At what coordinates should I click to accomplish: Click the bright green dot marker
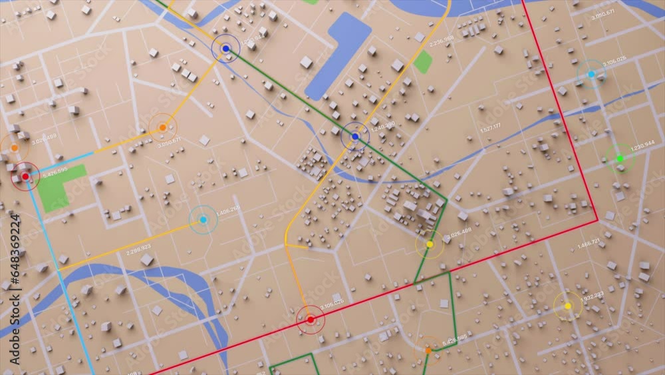[620, 159]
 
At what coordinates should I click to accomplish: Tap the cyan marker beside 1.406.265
[203, 220]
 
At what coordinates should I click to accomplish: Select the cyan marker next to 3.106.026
[591, 74]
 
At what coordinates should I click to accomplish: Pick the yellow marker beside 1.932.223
[567, 306]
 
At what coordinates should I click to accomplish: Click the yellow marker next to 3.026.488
[430, 244]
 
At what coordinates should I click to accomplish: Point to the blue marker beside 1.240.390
[355, 137]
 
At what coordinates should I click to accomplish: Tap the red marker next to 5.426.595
[25, 177]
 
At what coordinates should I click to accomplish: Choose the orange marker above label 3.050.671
[162, 127]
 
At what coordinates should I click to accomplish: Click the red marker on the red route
[310, 320]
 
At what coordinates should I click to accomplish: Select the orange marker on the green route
[428, 350]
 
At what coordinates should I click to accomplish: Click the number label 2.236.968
[442, 42]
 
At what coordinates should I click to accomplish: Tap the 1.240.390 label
[382, 125]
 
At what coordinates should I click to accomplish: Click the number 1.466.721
[588, 244]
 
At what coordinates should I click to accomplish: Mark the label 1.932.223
[591, 294]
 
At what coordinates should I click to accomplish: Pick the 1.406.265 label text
[228, 209]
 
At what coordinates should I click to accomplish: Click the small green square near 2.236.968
[422, 62]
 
